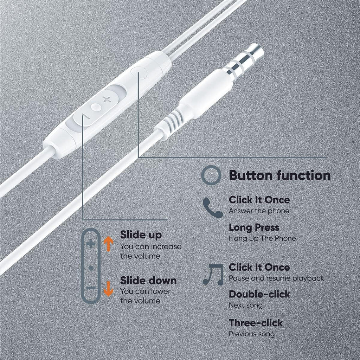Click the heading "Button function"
point(279,175)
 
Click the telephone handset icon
point(213,207)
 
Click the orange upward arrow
point(108,245)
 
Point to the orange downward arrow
point(108,289)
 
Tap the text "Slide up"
point(141,235)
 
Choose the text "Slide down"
point(148,280)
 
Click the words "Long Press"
point(254,228)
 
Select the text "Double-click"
point(259,294)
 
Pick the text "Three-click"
point(256,323)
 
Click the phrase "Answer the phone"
point(259,211)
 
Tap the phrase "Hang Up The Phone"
point(262,238)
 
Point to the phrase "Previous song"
point(252,334)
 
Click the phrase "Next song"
point(246,305)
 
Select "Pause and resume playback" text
point(276,278)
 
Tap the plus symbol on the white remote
point(107,99)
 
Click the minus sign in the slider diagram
point(91,288)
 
